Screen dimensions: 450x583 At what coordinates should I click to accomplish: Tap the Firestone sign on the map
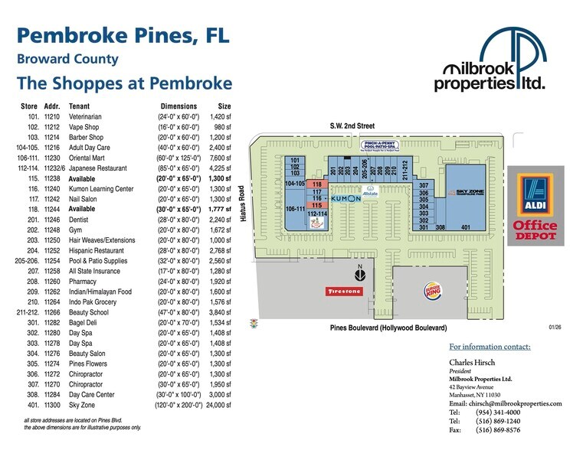343,292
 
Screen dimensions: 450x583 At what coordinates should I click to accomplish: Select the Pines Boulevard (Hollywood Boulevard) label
388,328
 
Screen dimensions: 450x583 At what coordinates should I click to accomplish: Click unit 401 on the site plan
465,227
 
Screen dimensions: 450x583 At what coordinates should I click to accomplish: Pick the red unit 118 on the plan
316,184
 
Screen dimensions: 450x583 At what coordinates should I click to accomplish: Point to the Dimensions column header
179,106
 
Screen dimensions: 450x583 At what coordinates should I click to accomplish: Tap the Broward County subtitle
67,60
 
